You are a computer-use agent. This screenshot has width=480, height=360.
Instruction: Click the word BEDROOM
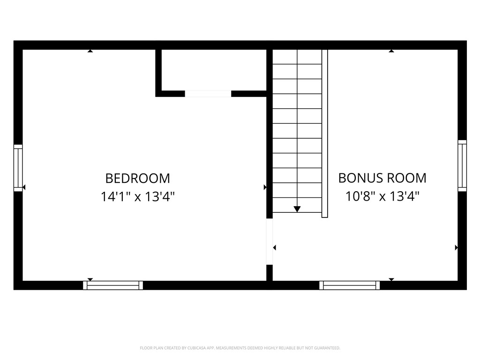[137, 178]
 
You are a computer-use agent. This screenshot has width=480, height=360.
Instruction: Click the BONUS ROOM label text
[382, 178]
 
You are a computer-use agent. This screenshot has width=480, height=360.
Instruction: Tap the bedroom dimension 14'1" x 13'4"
[137, 196]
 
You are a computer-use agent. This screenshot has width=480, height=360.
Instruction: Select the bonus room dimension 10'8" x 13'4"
[382, 196]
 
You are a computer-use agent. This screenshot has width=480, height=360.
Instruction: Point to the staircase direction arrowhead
[297, 210]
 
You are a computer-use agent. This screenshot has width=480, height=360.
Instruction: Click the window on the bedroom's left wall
[18, 168]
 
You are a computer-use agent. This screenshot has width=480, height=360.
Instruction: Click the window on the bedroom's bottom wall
[113, 285]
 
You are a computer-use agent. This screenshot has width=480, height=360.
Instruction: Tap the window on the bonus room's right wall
[462, 165]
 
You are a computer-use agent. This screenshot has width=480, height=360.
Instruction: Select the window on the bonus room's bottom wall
[350, 285]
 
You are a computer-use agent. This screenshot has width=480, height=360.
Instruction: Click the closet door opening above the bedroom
[208, 94]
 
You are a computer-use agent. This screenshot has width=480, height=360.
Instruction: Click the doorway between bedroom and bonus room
[270, 241]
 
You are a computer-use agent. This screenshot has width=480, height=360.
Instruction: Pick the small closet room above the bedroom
[214, 70]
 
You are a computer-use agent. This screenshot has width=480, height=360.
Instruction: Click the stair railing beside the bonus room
[324, 134]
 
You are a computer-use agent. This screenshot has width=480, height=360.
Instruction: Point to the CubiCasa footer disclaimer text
[240, 348]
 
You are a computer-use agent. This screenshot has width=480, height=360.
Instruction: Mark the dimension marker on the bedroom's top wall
[90, 51]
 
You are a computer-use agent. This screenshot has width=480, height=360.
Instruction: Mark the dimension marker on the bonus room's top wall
[391, 51]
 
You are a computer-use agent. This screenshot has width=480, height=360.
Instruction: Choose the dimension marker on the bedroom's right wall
[265, 187]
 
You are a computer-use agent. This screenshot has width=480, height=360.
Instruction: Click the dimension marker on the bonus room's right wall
[456, 247]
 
